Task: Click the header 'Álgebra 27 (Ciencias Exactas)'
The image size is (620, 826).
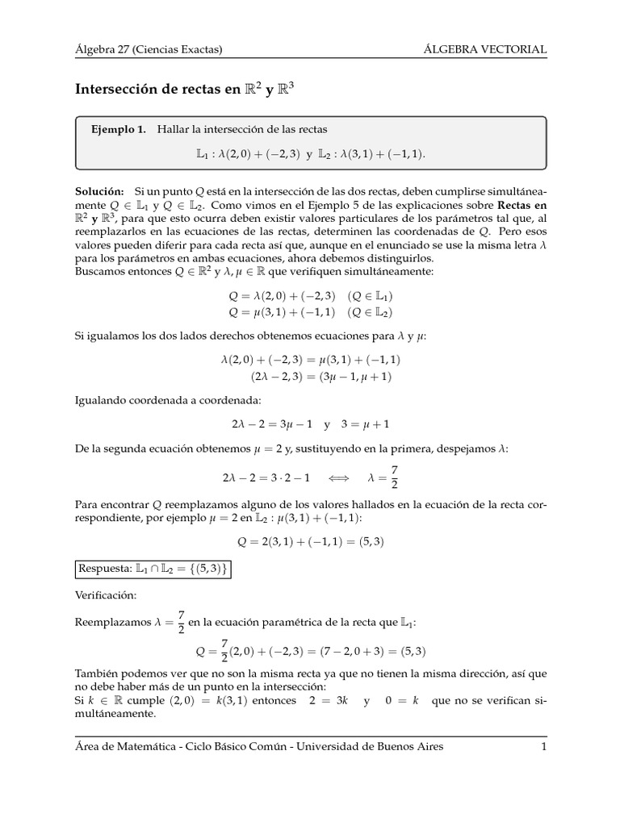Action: (149, 50)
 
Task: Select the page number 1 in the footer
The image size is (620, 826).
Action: (544, 746)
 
